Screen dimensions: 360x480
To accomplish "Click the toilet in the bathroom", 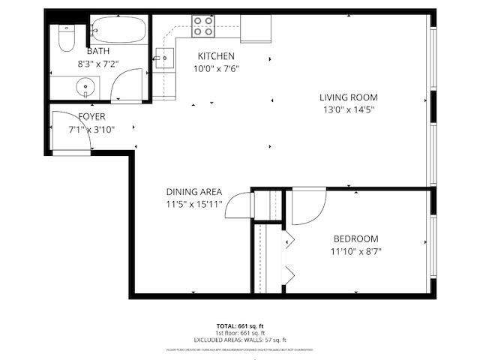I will coord(64,37).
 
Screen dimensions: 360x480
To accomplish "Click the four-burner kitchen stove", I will coord(202,26).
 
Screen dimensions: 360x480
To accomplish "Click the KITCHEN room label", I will coord(216,56).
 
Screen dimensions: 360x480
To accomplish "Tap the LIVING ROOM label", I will coord(348,97).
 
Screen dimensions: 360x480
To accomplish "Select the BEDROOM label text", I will coord(356,239).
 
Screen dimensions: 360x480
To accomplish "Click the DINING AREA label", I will coord(194,191).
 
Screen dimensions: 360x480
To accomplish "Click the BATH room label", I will coord(98,51).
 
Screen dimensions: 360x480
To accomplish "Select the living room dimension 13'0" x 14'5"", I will coord(348,109).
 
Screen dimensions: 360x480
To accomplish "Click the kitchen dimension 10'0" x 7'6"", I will coord(218,68).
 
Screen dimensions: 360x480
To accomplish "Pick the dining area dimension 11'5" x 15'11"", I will coord(194,204).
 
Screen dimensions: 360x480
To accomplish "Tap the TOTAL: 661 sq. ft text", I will coord(240,325).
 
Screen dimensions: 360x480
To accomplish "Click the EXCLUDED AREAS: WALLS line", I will coord(240,340).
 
